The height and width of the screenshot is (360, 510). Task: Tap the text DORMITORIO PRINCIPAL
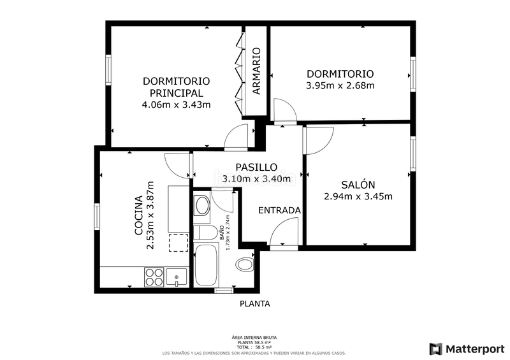pyautogui.click(x=177, y=87)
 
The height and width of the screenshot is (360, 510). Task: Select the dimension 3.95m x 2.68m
pyautogui.click(x=340, y=85)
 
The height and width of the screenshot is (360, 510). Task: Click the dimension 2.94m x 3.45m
pyautogui.click(x=358, y=196)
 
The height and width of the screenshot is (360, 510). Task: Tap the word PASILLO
pyautogui.click(x=247, y=167)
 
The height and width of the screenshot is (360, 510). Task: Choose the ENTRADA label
pyautogui.click(x=279, y=210)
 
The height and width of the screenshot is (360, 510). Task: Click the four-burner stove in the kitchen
pyautogui.click(x=154, y=277)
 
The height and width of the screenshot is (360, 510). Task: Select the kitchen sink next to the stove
pyautogui.click(x=177, y=277)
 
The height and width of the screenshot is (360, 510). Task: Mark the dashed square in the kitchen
pyautogui.click(x=178, y=243)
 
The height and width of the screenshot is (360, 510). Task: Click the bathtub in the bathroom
pyautogui.click(x=207, y=264)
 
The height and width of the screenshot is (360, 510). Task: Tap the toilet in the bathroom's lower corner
pyautogui.click(x=245, y=263)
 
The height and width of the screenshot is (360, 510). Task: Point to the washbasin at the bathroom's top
pyautogui.click(x=202, y=205)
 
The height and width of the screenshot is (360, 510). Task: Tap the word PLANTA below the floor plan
pyautogui.click(x=254, y=304)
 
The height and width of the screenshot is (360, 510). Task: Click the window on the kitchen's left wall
pyautogui.click(x=97, y=216)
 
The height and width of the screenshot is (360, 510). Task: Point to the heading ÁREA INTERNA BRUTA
pyautogui.click(x=254, y=337)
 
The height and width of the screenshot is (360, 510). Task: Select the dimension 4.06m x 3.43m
pyautogui.click(x=177, y=104)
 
